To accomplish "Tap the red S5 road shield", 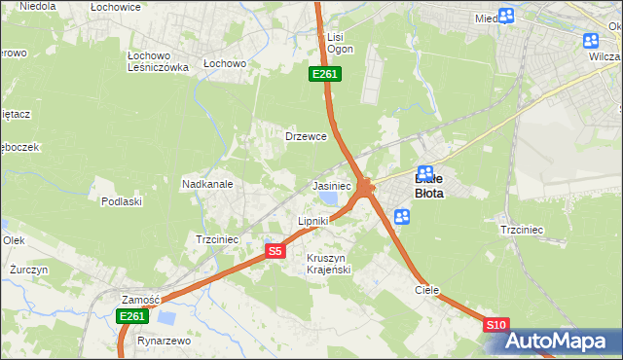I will coord(275,251).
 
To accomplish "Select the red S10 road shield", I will coord(495,325).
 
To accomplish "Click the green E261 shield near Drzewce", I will coord(325,75).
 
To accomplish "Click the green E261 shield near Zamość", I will coord(132,316).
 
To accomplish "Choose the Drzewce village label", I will coord(305,136).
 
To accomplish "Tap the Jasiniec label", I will coord(331,185).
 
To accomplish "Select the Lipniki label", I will coord(312,221).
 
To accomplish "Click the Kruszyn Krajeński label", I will coord(328,263).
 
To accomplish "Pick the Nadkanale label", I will coord(206,183).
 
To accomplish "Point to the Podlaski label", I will coord(122,201).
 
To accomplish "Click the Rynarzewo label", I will coord(164,342).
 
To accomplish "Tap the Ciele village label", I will coord(427,290).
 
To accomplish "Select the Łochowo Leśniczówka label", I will coord(158,61).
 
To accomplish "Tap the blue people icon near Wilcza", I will coord(591,40).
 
